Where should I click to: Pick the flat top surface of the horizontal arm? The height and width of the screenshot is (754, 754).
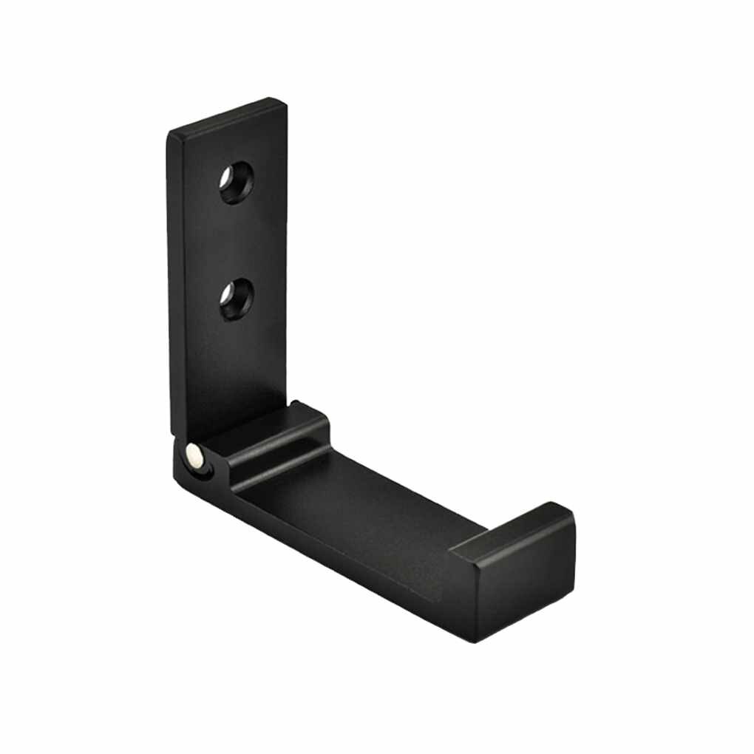[370, 510]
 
